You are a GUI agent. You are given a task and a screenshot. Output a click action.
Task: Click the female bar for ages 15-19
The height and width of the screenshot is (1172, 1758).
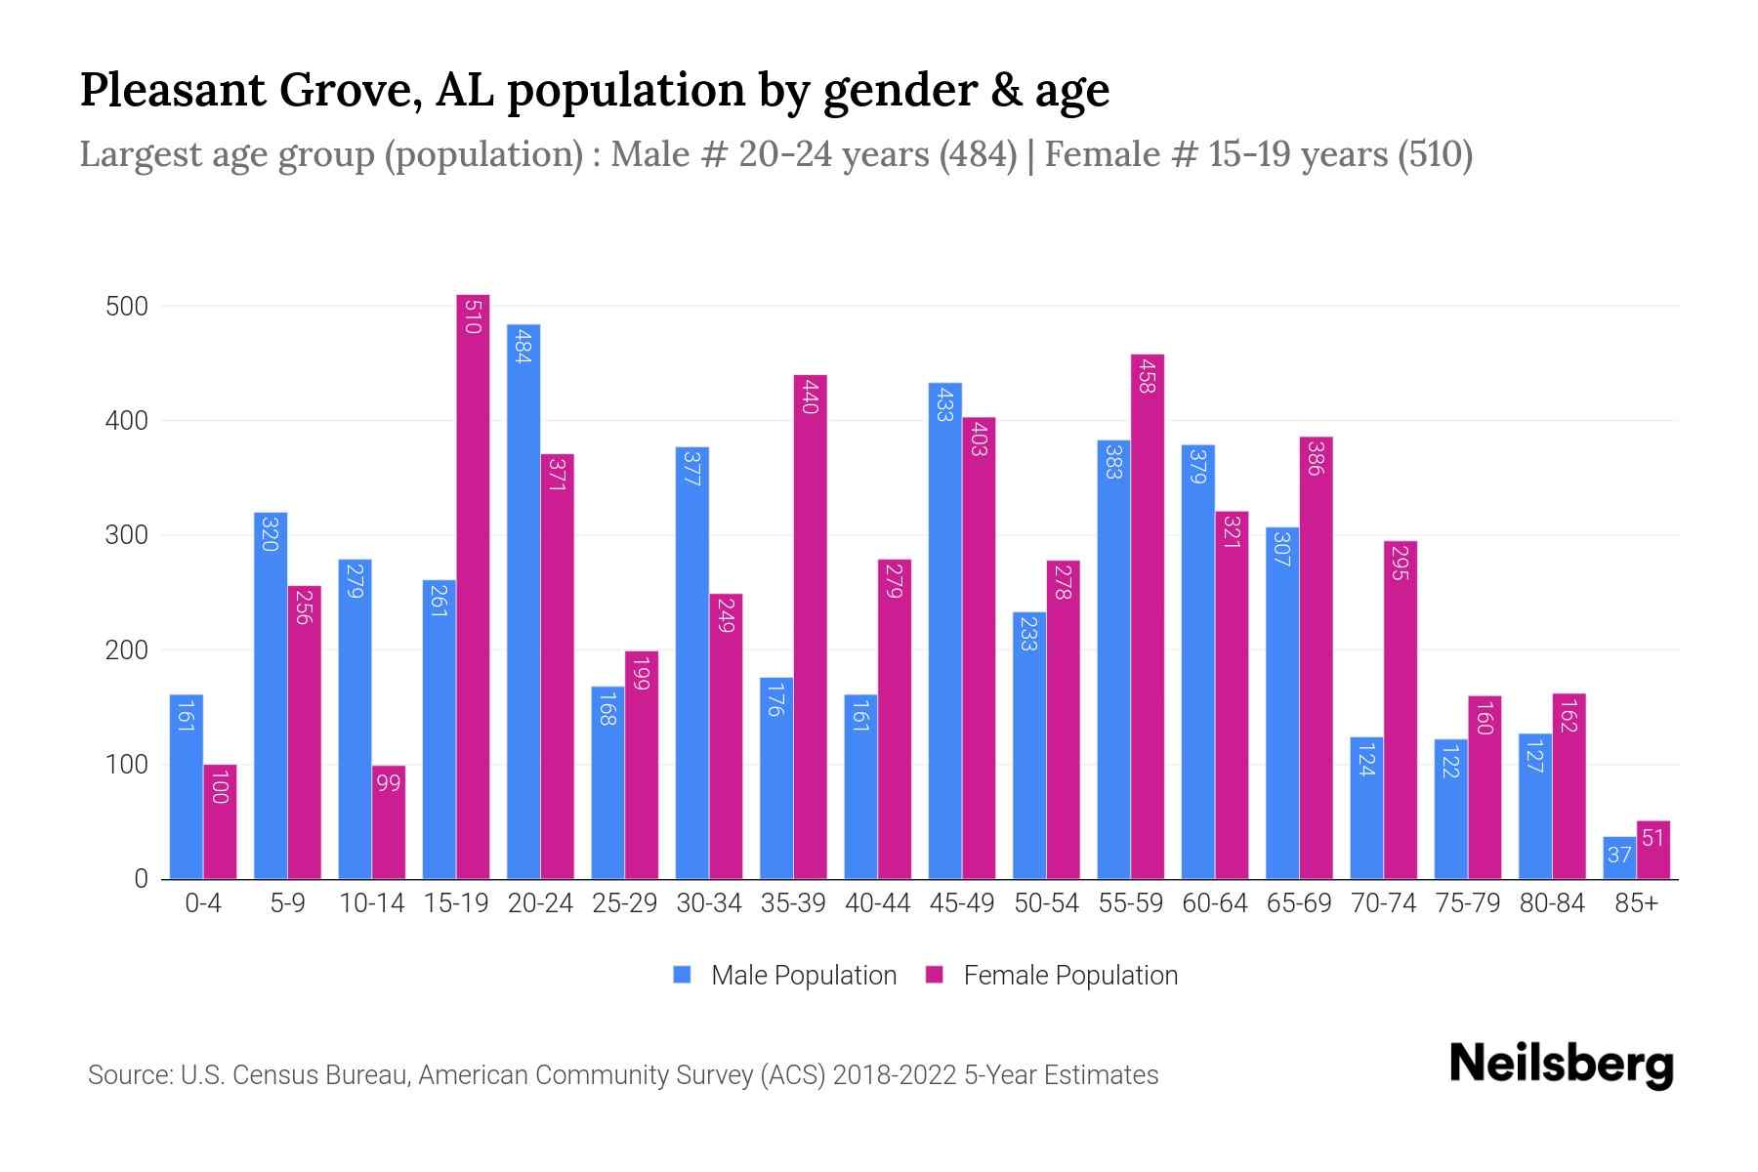click(x=473, y=586)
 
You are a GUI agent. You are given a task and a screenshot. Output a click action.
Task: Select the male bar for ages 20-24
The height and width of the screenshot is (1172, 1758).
click(x=523, y=601)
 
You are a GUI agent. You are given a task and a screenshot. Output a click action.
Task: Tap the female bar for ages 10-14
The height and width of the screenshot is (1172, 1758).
click(x=389, y=821)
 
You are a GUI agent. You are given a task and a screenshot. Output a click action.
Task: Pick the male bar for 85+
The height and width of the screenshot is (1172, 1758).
click(x=1618, y=858)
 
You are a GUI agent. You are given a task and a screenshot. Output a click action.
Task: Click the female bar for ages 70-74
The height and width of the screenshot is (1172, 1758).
click(x=1401, y=710)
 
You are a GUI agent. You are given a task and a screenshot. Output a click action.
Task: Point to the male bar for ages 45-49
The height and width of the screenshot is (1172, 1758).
click(x=944, y=630)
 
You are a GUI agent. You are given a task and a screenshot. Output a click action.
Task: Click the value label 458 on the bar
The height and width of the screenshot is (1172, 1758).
click(x=1147, y=375)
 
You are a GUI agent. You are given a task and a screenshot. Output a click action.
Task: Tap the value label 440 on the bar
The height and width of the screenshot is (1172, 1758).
click(x=810, y=396)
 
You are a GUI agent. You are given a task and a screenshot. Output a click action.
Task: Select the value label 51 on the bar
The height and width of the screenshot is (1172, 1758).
click(x=1653, y=838)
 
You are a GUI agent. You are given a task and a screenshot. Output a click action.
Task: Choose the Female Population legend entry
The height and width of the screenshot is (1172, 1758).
click(x=1052, y=975)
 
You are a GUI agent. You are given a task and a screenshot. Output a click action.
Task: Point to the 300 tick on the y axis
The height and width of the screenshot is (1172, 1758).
click(x=127, y=535)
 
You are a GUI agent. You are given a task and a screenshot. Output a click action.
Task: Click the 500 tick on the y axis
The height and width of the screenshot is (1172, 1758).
click(x=127, y=307)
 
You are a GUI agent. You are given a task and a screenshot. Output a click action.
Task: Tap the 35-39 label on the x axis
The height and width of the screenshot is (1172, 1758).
click(x=793, y=903)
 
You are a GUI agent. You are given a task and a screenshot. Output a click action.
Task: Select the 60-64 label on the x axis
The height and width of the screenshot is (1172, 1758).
click(x=1214, y=903)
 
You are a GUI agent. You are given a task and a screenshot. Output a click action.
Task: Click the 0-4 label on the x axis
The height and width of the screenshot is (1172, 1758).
click(x=203, y=903)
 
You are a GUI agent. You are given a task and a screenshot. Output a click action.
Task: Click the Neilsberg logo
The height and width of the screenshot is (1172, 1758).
click(x=1561, y=1065)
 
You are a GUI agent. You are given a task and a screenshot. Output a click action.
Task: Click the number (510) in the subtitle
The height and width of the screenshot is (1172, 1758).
click(x=1435, y=154)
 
